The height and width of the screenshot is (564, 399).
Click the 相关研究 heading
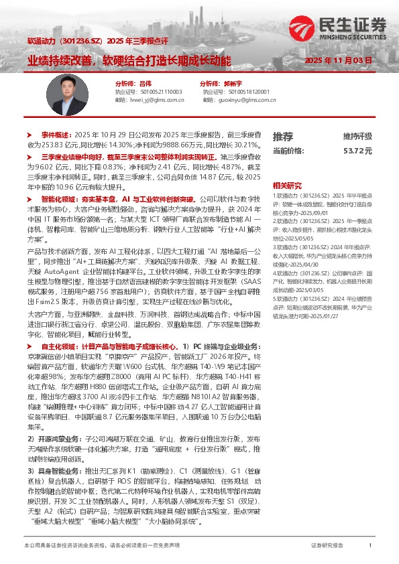pos(287,186)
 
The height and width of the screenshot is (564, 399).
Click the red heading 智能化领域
pos(59,200)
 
